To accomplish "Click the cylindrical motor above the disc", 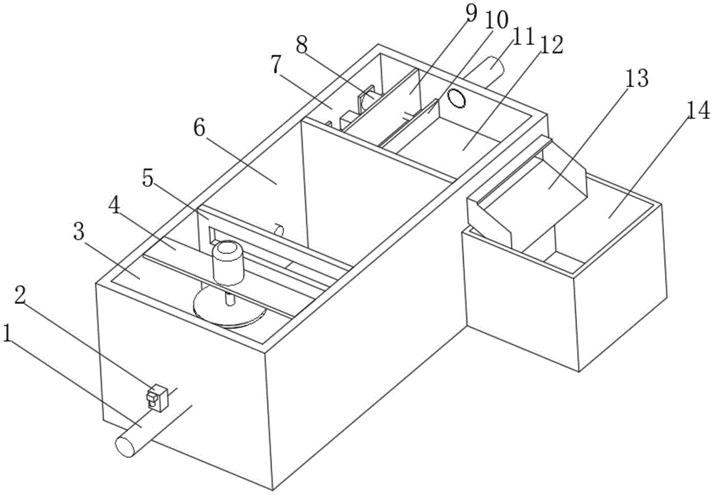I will [x=228, y=262].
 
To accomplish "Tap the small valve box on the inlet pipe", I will [x=156, y=397].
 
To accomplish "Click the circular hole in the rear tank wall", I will [x=456, y=97].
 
